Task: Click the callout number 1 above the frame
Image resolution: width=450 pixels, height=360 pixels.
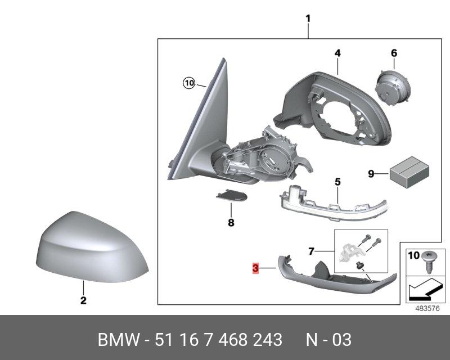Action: click(x=308, y=19)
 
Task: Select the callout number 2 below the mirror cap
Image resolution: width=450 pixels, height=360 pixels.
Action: click(x=83, y=300)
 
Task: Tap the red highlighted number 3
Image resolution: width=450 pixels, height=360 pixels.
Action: click(x=255, y=269)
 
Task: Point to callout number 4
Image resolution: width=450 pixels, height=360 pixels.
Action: click(x=337, y=53)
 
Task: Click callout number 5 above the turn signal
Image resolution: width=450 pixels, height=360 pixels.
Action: click(x=337, y=182)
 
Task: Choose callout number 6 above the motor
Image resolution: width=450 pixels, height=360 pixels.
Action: click(x=394, y=53)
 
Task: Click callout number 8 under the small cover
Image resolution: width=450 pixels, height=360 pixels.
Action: click(x=230, y=223)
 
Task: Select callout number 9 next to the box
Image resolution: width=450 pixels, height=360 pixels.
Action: click(x=371, y=174)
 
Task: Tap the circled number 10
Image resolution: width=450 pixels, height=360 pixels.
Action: click(x=188, y=83)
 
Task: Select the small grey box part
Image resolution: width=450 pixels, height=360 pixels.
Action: click(x=408, y=170)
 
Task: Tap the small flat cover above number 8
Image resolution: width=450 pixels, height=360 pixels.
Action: click(x=231, y=196)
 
